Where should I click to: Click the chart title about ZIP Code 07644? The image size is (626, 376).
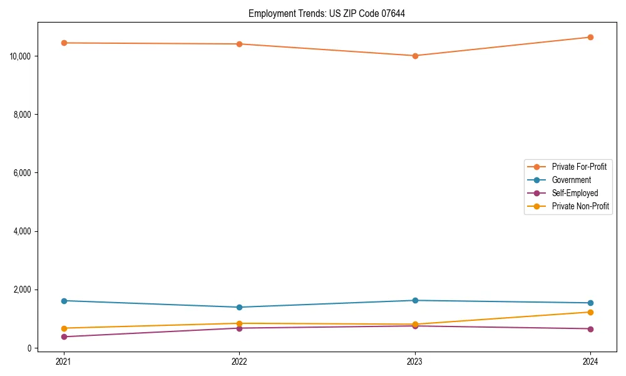coord(327,13)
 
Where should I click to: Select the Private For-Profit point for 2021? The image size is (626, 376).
coord(63,43)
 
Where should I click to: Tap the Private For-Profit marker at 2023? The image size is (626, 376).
coord(415,56)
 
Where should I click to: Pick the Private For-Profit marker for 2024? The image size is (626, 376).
coord(590,37)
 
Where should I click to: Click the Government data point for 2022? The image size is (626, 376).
coord(239,307)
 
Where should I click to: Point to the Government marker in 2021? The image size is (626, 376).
coord(63,301)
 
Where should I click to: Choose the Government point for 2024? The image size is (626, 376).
coord(590,303)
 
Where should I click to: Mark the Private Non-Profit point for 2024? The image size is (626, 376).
coord(590,312)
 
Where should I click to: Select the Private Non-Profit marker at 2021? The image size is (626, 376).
coord(63,328)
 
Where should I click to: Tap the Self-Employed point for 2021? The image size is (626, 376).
coord(63,337)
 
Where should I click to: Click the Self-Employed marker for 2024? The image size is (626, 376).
coord(590,329)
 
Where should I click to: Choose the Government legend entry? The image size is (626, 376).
coord(571,180)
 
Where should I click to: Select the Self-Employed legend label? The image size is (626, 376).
coord(575,193)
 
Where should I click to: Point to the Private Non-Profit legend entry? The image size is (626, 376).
coord(580,206)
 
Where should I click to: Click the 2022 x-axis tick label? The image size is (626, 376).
coord(239,362)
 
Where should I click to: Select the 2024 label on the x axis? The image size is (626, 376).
coord(590,362)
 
